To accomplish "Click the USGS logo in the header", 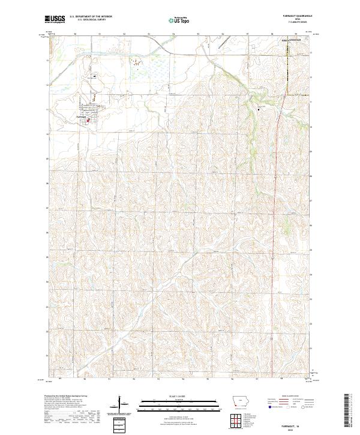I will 55,20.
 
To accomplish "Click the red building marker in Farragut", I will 89,121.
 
